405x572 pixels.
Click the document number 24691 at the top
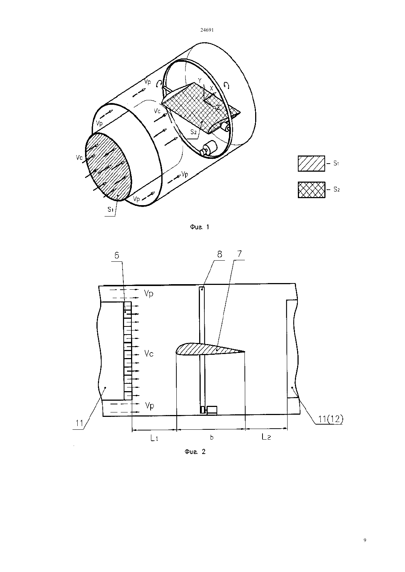(x=207, y=30)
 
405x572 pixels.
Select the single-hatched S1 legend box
(x=311, y=164)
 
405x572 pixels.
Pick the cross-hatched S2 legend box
(x=311, y=190)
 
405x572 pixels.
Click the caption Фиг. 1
(x=200, y=227)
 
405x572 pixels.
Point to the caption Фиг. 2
(x=195, y=452)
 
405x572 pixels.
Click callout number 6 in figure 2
(x=117, y=255)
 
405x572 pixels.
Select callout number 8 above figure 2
(x=219, y=254)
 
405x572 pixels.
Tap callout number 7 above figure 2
(x=239, y=254)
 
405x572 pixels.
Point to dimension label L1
(x=154, y=438)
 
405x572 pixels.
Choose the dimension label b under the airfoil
(x=212, y=437)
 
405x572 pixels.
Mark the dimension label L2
(x=266, y=437)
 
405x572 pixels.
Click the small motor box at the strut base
(x=212, y=410)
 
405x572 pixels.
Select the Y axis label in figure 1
(x=200, y=81)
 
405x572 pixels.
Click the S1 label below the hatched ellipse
(x=110, y=210)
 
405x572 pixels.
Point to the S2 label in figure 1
(x=193, y=132)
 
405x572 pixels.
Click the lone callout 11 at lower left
(x=80, y=423)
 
